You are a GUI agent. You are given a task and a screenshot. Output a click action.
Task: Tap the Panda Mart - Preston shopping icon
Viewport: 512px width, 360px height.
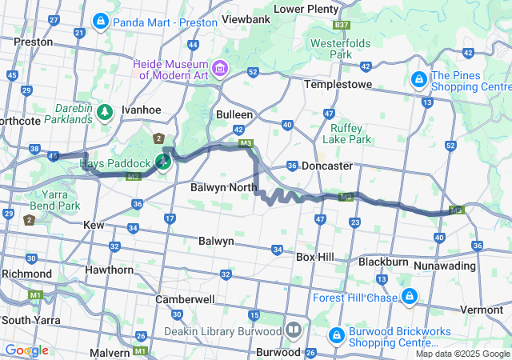coord(101,22)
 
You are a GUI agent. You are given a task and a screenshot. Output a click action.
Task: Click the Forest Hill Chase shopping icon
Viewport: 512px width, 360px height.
coord(409,298)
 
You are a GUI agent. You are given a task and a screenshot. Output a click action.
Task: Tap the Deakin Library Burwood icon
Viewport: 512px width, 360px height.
coord(294,330)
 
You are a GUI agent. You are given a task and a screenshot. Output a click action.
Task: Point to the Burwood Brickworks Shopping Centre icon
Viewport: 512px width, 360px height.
coord(336,333)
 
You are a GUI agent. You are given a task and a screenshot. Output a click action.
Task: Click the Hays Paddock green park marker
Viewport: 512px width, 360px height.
coord(163,162)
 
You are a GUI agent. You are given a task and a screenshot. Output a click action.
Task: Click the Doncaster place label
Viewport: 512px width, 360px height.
coord(326,166)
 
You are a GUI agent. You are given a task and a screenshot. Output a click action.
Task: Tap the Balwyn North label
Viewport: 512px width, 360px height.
coord(223,187)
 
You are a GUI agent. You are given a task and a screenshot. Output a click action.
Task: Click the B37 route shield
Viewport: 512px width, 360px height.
coord(342,26)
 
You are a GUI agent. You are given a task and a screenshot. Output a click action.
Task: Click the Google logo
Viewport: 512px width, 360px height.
coord(26,350)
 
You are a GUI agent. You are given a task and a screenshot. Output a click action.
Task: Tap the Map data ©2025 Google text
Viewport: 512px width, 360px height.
coord(462,354)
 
